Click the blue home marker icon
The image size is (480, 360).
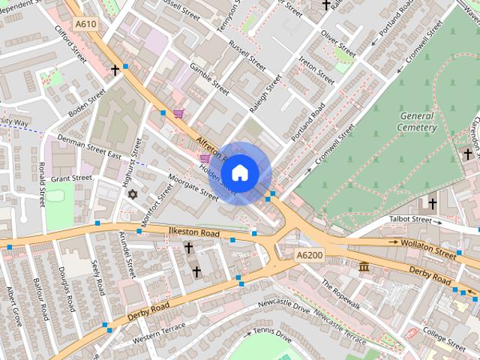(239, 172)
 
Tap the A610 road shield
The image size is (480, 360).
(85, 24)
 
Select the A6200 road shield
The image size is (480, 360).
(308, 255)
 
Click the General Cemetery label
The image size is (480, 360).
(418, 121)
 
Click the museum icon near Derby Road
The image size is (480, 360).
(364, 267)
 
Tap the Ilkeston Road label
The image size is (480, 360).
(193, 233)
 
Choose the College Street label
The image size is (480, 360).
(444, 337)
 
